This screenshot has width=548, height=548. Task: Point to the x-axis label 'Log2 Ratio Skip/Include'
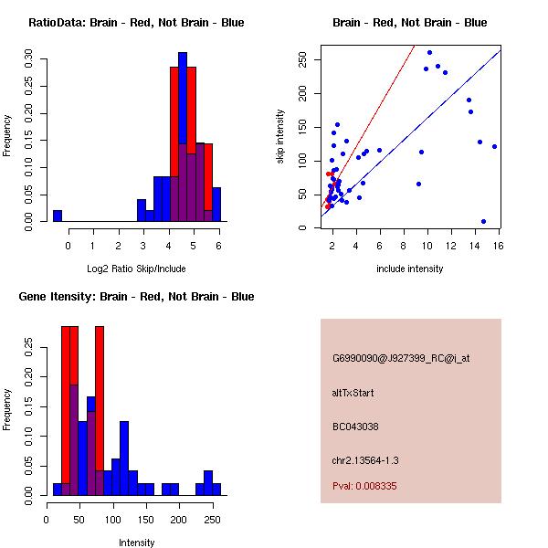[x=136, y=269]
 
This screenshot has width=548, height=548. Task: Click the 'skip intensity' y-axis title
[x=280, y=137]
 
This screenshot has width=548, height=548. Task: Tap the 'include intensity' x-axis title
[x=409, y=269]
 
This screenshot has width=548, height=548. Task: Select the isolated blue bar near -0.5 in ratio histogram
[x=58, y=216]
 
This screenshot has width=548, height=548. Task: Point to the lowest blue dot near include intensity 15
[x=483, y=221]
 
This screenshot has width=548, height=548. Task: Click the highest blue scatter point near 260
[x=429, y=53]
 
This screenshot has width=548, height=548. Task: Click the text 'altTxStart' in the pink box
[x=353, y=393]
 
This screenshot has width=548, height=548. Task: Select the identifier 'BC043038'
[x=355, y=426]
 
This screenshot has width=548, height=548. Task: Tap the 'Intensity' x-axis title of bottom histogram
[x=136, y=543]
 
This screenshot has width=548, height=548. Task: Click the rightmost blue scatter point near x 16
[x=494, y=146]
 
